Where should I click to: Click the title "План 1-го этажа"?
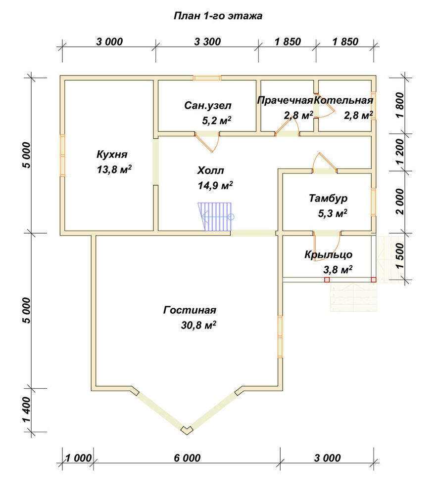(218, 16)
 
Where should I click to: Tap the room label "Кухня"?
(112, 154)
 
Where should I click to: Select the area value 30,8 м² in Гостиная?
(198, 325)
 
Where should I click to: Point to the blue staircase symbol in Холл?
(216, 217)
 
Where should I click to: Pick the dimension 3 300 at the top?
(207, 41)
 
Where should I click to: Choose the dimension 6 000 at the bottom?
(187, 458)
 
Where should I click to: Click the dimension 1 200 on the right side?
(399, 152)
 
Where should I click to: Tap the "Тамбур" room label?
(328, 198)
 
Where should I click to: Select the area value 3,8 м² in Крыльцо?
(338, 270)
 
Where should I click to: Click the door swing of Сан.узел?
(207, 142)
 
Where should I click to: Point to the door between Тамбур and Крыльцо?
(327, 247)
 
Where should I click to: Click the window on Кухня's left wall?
(62, 155)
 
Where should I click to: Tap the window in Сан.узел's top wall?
(207, 78)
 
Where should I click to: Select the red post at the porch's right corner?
(374, 280)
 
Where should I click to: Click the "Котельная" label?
(343, 100)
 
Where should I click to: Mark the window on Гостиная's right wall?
(280, 337)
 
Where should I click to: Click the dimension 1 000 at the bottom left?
(78, 458)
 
